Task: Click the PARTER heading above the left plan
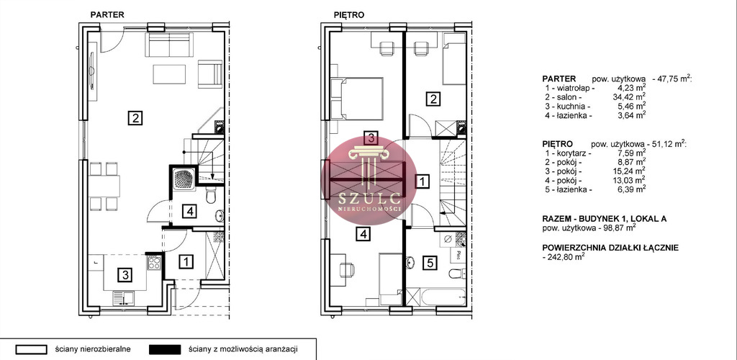pos(107,14)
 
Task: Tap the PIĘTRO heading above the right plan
pos(349,14)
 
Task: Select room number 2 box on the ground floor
pos(135,117)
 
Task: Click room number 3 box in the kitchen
pos(125,274)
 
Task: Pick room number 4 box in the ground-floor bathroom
pos(190,212)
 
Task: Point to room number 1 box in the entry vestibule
pos(186,261)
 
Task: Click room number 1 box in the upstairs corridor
pos(423,181)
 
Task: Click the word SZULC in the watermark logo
pos(369,197)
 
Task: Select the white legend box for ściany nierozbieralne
pos(32,350)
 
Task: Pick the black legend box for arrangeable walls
pos(165,350)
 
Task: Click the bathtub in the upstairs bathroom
pos(442,297)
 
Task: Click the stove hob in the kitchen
pos(155,262)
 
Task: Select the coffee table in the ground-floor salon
pos(168,73)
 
